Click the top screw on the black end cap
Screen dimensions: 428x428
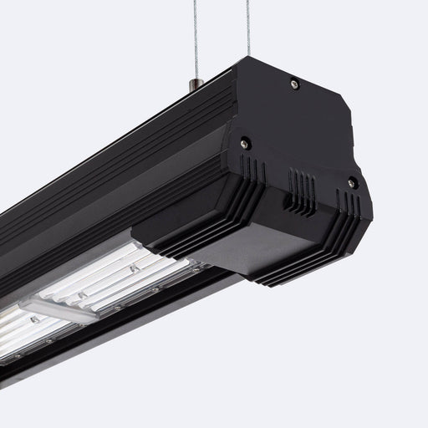[293, 84]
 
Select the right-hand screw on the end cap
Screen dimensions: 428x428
[352, 182]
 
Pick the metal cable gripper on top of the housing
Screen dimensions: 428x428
[195, 84]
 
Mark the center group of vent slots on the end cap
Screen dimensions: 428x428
[302, 184]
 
